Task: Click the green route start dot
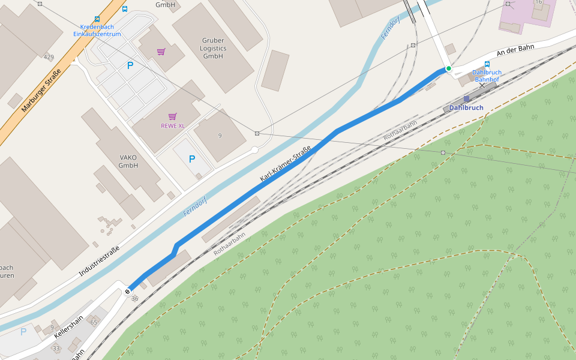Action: tap(448, 68)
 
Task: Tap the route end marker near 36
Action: tap(127, 292)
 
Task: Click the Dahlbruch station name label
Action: tap(466, 108)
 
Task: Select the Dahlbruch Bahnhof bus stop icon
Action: tap(487, 64)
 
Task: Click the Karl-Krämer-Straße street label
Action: tap(285, 164)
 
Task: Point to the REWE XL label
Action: tap(172, 125)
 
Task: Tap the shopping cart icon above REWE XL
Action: tap(173, 116)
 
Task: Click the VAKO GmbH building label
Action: tap(128, 161)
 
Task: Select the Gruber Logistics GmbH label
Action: tap(213, 48)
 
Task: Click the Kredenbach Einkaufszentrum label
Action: tap(97, 31)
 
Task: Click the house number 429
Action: tap(49, 57)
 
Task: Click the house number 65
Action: tap(94, 323)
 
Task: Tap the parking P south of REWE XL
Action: tap(192, 159)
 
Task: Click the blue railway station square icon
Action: tap(467, 99)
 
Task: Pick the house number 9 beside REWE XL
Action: tap(220, 136)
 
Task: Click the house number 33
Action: tap(56, 348)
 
